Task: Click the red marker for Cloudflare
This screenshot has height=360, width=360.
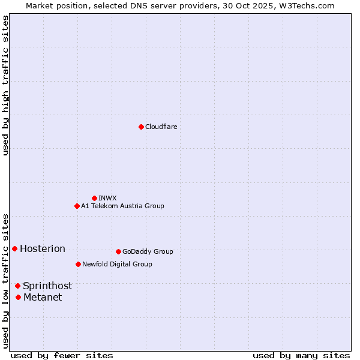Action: click(x=141, y=127)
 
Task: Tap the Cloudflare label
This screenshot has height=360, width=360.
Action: click(x=161, y=127)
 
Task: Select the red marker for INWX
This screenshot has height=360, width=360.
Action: click(x=94, y=198)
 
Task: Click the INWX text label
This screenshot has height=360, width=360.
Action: click(x=107, y=198)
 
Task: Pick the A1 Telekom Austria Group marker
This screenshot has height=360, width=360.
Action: click(x=77, y=206)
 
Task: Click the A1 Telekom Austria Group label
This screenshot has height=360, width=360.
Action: click(x=122, y=206)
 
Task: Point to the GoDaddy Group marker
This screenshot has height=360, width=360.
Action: click(x=118, y=251)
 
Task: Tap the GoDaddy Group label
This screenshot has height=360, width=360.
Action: click(x=148, y=252)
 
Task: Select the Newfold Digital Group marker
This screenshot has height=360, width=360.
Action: click(x=78, y=264)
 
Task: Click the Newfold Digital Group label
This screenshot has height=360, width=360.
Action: click(x=117, y=264)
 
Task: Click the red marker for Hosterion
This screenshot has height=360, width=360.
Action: click(x=14, y=248)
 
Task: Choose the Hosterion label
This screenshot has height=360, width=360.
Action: click(x=43, y=249)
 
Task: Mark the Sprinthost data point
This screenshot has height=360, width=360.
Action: click(x=18, y=286)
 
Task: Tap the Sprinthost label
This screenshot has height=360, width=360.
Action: click(x=47, y=286)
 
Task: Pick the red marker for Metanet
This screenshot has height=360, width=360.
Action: click(x=19, y=297)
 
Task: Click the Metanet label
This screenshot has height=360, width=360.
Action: click(x=43, y=298)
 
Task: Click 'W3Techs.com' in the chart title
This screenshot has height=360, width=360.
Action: click(x=310, y=5)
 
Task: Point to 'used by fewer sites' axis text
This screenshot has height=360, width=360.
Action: click(x=62, y=355)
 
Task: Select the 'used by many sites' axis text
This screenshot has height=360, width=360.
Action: click(x=301, y=355)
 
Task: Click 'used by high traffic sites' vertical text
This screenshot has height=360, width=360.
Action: click(x=6, y=85)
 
